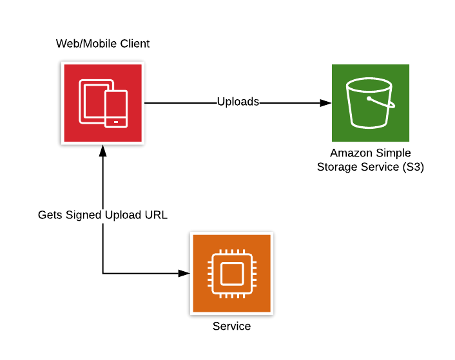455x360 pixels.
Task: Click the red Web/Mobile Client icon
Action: click(103, 102)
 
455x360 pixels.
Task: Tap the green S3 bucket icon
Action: click(370, 103)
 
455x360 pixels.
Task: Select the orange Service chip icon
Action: click(231, 274)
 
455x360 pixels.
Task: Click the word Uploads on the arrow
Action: click(238, 102)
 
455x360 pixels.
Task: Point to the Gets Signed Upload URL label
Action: click(102, 215)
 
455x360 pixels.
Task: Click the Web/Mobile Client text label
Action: click(103, 44)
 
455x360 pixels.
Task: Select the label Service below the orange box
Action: click(231, 327)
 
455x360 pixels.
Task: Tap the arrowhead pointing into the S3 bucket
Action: click(327, 102)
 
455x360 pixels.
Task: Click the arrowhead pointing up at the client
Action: click(102, 150)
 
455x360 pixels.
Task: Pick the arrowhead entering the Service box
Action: click(185, 274)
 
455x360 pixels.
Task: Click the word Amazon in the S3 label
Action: click(351, 153)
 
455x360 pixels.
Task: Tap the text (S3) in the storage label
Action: click(412, 167)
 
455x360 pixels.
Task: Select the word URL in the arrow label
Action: click(157, 215)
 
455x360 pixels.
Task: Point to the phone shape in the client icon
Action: click(116, 109)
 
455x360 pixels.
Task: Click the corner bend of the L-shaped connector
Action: click(102, 274)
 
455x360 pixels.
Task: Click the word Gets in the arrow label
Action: click(51, 215)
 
